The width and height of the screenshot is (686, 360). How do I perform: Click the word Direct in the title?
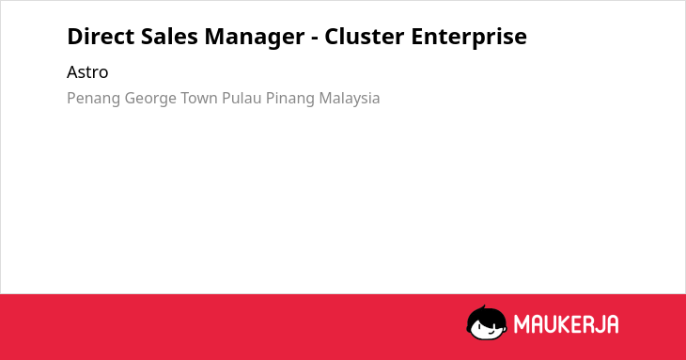pyautogui.click(x=101, y=36)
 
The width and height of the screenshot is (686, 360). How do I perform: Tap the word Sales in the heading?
pyautogui.click(x=169, y=36)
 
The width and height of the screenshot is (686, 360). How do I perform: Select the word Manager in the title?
pyautogui.click(x=255, y=38)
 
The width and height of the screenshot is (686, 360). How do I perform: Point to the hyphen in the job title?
pyautogui.click(x=315, y=39)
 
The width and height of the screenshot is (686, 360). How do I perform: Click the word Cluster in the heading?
pyautogui.click(x=364, y=36)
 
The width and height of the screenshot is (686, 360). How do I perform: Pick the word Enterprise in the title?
pyautogui.click(x=469, y=38)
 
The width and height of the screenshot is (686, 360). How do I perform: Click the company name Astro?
pyautogui.click(x=87, y=72)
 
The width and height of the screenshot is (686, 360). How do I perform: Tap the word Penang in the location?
pyautogui.click(x=94, y=99)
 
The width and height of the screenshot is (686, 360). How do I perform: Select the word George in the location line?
pyautogui.click(x=150, y=99)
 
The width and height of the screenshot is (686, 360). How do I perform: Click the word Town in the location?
pyautogui.click(x=199, y=98)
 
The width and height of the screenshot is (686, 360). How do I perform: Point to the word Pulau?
pyautogui.click(x=242, y=98)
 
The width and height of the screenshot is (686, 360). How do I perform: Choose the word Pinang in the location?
pyautogui.click(x=290, y=99)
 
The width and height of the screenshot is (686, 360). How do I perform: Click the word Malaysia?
pyautogui.click(x=350, y=99)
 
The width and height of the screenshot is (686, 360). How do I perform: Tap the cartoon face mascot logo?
pyautogui.click(x=487, y=323)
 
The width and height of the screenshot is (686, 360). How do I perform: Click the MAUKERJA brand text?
pyautogui.click(x=566, y=324)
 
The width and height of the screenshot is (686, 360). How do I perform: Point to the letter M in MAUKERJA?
pyautogui.click(x=522, y=324)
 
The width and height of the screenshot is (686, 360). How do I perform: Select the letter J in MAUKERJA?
pyautogui.click(x=599, y=324)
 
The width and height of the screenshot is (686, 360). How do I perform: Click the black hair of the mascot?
pyautogui.click(x=486, y=314)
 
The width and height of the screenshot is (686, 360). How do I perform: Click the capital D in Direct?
pyautogui.click(x=75, y=37)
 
